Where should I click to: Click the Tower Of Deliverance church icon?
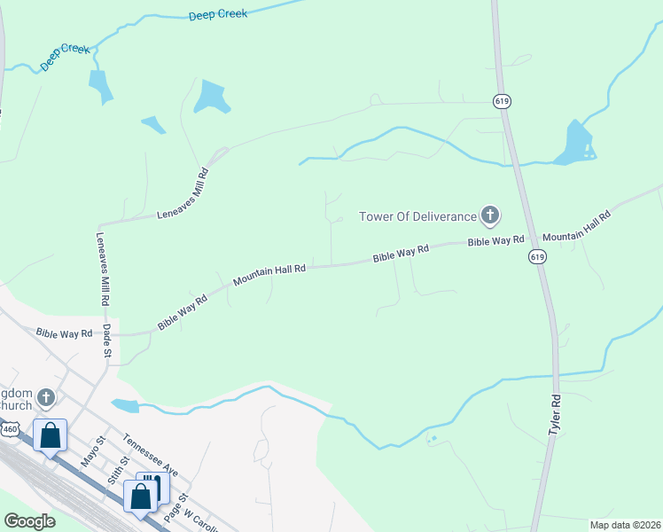[x=489, y=215]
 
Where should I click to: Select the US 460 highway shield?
[x=10, y=429]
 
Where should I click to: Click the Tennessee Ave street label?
[x=151, y=454]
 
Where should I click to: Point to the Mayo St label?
[x=93, y=450]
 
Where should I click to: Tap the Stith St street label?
[x=117, y=468]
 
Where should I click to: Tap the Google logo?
[x=30, y=520]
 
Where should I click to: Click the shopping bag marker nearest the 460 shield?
[x=51, y=436]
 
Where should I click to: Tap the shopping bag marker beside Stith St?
[x=140, y=497]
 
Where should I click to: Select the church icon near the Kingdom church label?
[x=46, y=397]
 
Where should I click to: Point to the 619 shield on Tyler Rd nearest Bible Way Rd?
[x=537, y=256]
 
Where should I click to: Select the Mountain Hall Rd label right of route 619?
[x=576, y=227]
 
